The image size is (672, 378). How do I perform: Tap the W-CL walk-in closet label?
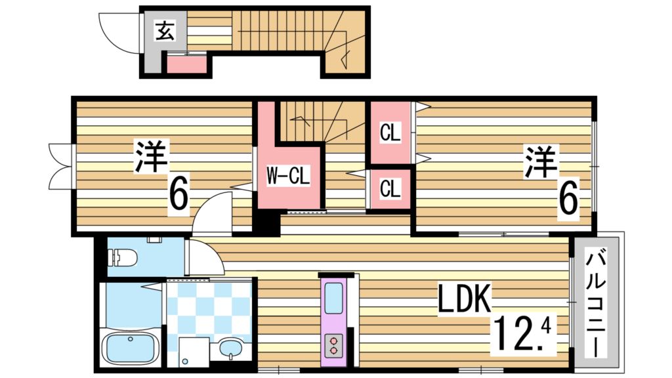(287, 176)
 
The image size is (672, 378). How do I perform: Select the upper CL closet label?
(390, 133)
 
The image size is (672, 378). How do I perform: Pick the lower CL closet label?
(390, 189)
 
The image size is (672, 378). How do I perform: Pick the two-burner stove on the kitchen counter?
(333, 345)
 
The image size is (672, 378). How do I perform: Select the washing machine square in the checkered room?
(190, 351)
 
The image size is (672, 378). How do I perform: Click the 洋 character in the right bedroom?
(540, 161)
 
